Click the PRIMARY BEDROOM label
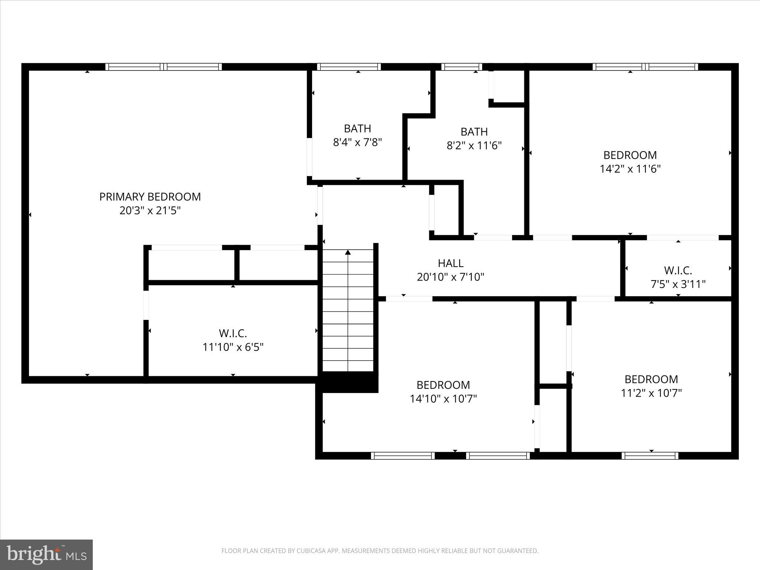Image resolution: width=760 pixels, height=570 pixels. click(x=150, y=197)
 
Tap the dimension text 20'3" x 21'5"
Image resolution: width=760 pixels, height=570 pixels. click(x=150, y=211)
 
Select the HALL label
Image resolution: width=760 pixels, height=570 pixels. click(x=451, y=263)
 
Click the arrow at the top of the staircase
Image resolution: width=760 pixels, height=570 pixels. click(x=348, y=253)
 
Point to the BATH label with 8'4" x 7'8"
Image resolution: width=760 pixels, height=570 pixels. click(x=357, y=128)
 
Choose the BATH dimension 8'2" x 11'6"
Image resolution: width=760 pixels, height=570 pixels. click(x=474, y=145)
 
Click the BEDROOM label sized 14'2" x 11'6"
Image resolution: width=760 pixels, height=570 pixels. click(x=630, y=155)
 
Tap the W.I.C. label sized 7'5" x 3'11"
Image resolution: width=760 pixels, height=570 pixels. click(x=678, y=270)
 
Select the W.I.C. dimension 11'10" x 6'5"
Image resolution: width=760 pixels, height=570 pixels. click(x=233, y=347)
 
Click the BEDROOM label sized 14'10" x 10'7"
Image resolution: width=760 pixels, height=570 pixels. click(x=443, y=384)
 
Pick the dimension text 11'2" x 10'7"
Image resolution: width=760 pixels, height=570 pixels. click(x=651, y=393)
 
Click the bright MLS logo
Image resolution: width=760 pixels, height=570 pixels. click(x=46, y=554)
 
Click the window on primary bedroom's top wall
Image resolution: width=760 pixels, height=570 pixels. click(x=164, y=67)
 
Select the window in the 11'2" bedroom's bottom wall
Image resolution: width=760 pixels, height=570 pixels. click(x=650, y=456)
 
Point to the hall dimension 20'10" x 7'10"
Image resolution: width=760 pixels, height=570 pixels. click(x=451, y=277)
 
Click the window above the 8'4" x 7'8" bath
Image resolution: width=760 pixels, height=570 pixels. click(x=349, y=67)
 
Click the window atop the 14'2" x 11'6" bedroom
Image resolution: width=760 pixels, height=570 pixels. click(x=645, y=67)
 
